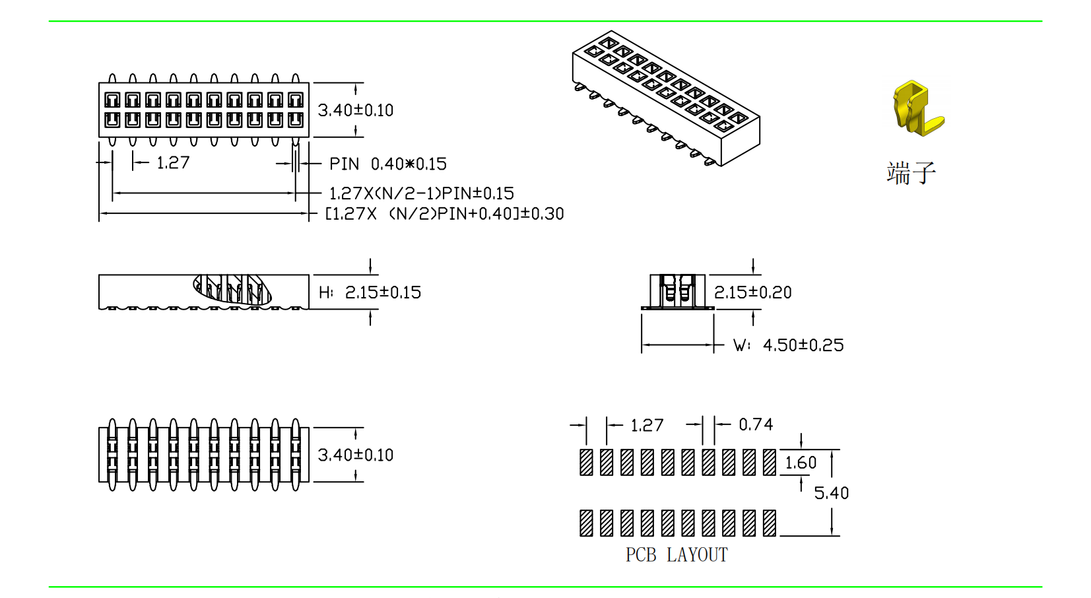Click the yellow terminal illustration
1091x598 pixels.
pyautogui.click(x=917, y=109)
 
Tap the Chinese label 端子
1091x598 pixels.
pyautogui.click(x=911, y=173)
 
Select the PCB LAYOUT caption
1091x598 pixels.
pyautogui.click(x=677, y=555)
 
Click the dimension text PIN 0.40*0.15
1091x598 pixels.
pyautogui.click(x=388, y=164)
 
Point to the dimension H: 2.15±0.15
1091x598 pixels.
pyautogui.click(x=370, y=292)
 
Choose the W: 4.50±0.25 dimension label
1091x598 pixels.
pyautogui.click(x=789, y=345)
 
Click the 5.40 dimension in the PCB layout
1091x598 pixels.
pyautogui.click(x=831, y=493)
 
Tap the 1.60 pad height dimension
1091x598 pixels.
pyautogui.click(x=801, y=463)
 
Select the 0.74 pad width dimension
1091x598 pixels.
pyautogui.click(x=756, y=424)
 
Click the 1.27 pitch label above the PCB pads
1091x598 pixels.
pyautogui.click(x=647, y=426)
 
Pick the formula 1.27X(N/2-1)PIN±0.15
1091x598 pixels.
pyautogui.click(x=421, y=193)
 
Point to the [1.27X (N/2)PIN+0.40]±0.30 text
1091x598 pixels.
pyautogui.click(x=444, y=214)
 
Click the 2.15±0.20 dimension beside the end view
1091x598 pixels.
pyautogui.click(x=753, y=292)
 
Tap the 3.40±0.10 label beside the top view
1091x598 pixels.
pyautogui.click(x=356, y=110)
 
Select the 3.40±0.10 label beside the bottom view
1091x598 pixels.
pyautogui.click(x=356, y=455)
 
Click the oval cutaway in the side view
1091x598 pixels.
pyautogui.click(x=232, y=289)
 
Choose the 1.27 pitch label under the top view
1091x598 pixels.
pyautogui.click(x=173, y=162)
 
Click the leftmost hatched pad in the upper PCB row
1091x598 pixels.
pyautogui.click(x=586, y=462)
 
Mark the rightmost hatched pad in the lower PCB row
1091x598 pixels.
pyautogui.click(x=770, y=523)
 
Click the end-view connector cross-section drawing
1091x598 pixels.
pyautogui.click(x=678, y=292)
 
